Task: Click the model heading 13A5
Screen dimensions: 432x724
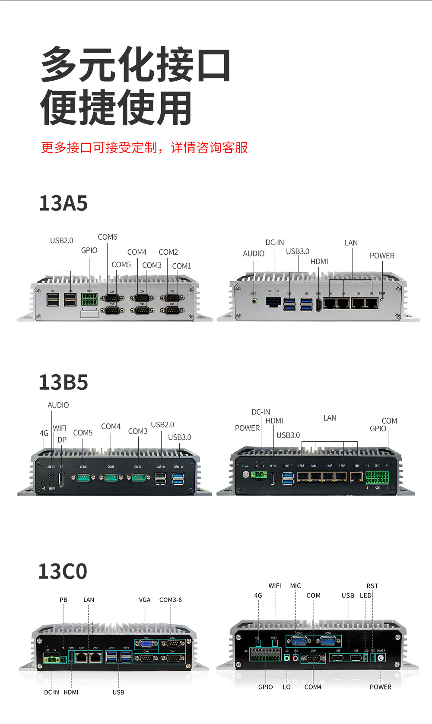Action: [x=64, y=203]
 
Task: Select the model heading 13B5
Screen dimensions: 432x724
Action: [x=64, y=383]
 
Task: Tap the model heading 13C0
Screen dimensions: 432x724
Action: [x=63, y=572]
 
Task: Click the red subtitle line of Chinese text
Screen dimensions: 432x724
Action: [x=144, y=148]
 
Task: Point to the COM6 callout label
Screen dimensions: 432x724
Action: [x=108, y=237]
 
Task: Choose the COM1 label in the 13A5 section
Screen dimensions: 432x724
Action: [x=181, y=266]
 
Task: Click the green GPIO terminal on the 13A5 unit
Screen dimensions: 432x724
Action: [x=89, y=299]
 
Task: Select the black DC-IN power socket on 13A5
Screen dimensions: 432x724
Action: [x=273, y=301]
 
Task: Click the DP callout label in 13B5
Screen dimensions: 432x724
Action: [x=62, y=439]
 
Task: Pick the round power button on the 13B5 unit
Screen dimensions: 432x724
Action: [x=246, y=474]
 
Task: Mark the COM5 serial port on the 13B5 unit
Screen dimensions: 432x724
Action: [x=83, y=477]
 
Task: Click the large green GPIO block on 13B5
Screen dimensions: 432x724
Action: [x=377, y=477]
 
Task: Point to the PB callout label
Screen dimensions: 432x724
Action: [x=64, y=600]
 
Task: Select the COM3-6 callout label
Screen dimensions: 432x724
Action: [x=171, y=600]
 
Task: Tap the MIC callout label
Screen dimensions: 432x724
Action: [x=295, y=586]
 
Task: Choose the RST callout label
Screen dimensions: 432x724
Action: [x=372, y=586]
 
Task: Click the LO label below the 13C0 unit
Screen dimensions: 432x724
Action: [x=287, y=687]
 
